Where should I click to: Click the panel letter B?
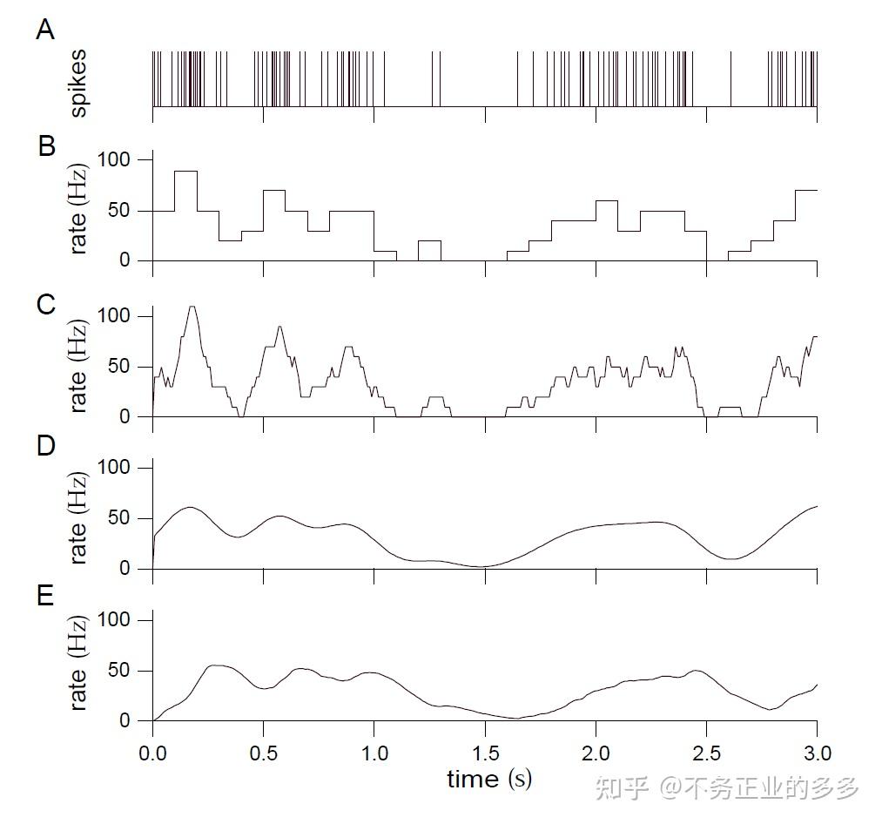pos(46,145)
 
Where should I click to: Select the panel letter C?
pos(46,305)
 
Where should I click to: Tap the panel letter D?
pos(46,446)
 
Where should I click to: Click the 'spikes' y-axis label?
pos(78,84)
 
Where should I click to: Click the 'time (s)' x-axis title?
pos(488,778)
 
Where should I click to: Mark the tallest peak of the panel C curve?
pos(192,307)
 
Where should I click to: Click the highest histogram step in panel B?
pos(185,172)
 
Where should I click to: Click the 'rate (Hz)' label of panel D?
pos(78,519)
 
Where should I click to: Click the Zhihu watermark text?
pos(726,788)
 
